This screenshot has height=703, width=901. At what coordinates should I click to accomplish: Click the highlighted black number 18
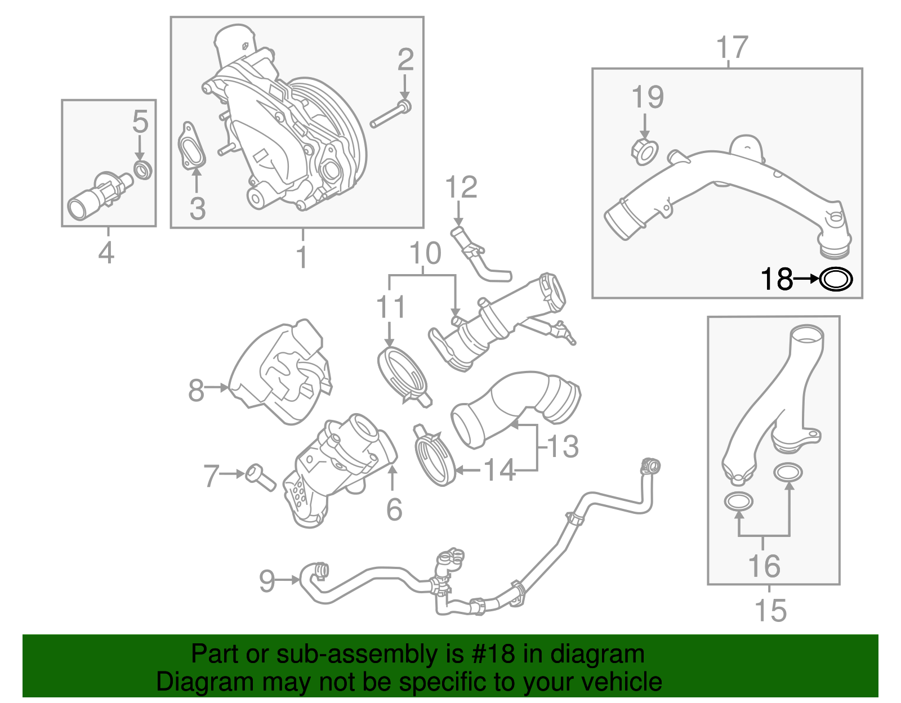click(777, 279)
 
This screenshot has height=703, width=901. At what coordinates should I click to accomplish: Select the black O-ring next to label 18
click(836, 279)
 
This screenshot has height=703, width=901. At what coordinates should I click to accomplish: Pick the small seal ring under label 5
click(143, 169)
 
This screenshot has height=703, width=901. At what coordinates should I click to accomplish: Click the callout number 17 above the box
click(732, 48)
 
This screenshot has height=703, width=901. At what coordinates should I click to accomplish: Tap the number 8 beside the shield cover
click(196, 389)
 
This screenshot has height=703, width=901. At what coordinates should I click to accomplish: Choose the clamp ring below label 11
click(402, 374)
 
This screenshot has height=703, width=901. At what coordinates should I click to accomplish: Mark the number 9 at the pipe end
click(267, 580)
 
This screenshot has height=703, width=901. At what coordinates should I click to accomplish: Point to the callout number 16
click(764, 566)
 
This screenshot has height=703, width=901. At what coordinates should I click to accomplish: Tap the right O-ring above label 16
click(788, 473)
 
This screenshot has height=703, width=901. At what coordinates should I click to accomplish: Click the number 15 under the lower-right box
click(770, 611)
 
